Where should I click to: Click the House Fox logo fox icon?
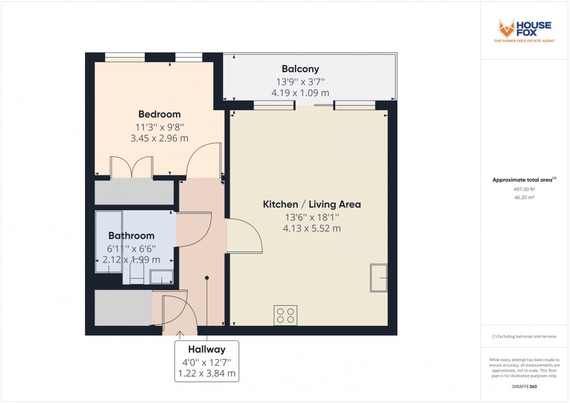click(507, 29)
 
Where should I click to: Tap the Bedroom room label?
click(160, 115)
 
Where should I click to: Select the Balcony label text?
click(300, 69)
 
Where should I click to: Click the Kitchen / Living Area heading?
click(312, 204)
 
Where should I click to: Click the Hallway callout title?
click(207, 349)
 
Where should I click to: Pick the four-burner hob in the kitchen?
click(286, 316)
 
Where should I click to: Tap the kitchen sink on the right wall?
click(378, 278)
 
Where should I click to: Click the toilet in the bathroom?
click(137, 274)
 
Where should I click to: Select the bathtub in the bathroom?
click(108, 241)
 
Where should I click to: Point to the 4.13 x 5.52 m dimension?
click(312, 228)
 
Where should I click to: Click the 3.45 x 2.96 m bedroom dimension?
click(160, 138)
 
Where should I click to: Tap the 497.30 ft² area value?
click(524, 189)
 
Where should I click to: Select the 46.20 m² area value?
click(524, 198)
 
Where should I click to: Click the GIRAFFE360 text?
click(524, 386)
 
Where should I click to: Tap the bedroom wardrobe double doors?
click(132, 166)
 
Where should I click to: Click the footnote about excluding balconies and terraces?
click(524, 336)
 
